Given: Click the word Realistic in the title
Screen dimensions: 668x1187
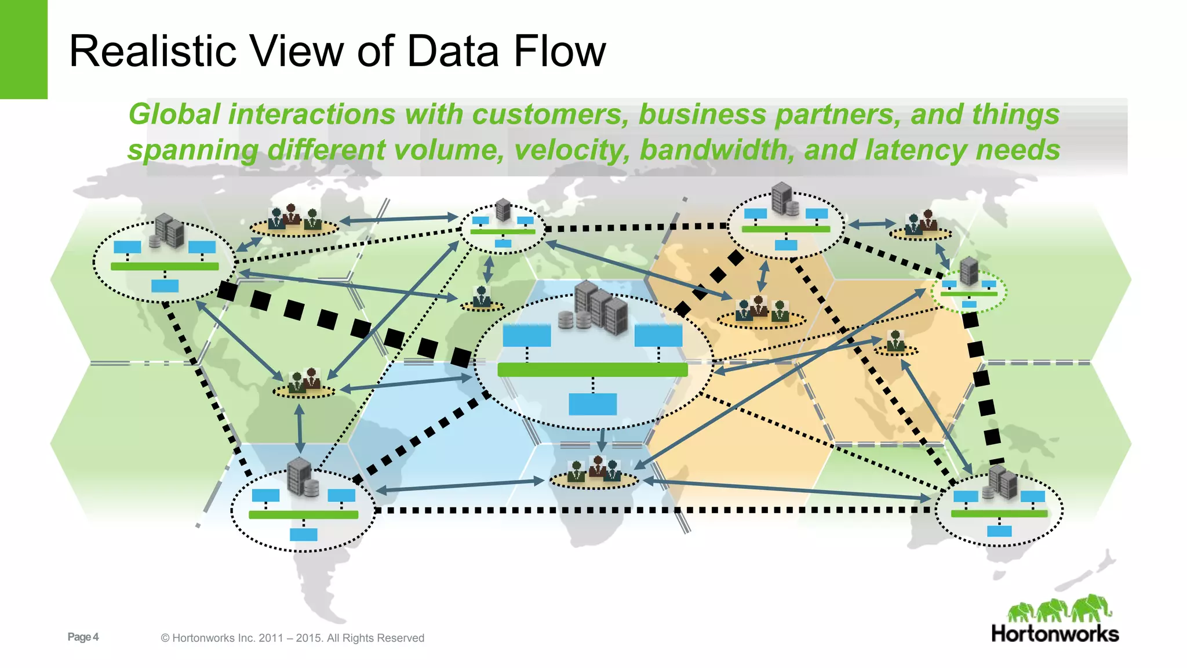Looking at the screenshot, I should pos(152,51).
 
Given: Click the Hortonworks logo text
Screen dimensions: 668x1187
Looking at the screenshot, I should pos(1055,634).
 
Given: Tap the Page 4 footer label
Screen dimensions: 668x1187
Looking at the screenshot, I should pos(83,637).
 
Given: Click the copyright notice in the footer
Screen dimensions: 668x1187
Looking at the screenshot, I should pos(292,638).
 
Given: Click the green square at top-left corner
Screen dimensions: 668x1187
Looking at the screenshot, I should pos(23,49).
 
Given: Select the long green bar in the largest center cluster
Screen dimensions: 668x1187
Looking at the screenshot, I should pos(592,370).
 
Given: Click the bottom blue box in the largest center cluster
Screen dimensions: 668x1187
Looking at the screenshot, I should pos(592,404).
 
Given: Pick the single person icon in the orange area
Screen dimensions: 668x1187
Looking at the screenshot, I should pos(895,343).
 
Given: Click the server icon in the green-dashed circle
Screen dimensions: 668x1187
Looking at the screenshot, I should pos(969,271).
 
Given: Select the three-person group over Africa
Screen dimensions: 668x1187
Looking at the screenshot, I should pos(593,471).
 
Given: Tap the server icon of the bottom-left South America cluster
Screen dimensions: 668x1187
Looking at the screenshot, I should pos(300,477).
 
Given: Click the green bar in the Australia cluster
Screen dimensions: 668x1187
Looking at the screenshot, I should pos(999,514).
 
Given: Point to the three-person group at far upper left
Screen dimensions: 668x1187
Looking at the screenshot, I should pos(294,219).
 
